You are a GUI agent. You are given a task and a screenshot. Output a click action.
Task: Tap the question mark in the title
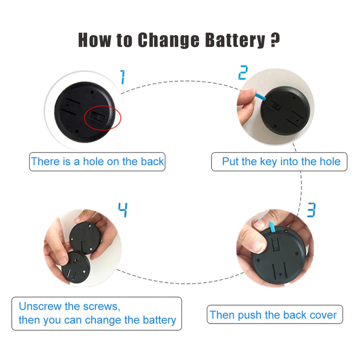click(275, 40)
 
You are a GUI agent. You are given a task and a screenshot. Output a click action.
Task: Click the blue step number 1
click(123, 77)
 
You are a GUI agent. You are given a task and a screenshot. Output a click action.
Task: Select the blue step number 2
click(243, 72)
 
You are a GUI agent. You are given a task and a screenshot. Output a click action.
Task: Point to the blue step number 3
click(311, 210)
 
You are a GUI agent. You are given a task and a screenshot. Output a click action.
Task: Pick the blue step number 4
click(123, 210)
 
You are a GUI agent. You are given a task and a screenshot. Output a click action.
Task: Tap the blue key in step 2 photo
click(261, 96)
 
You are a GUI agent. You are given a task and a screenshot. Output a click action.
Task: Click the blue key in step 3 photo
click(272, 227)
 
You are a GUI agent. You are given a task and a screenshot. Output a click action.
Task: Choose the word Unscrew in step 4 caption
click(40, 306)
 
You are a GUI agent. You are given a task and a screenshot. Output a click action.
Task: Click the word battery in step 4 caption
click(159, 320)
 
